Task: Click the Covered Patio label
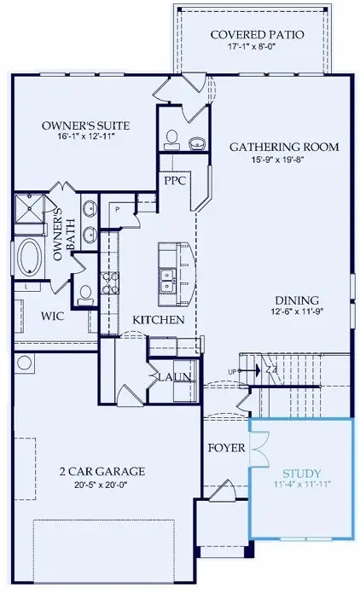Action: click(253, 34)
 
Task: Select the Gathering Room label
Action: click(284, 147)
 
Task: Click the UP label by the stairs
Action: click(233, 370)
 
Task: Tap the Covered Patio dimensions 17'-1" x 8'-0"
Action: click(253, 48)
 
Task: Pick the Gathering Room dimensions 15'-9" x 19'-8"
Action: click(284, 160)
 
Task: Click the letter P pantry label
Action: click(116, 209)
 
